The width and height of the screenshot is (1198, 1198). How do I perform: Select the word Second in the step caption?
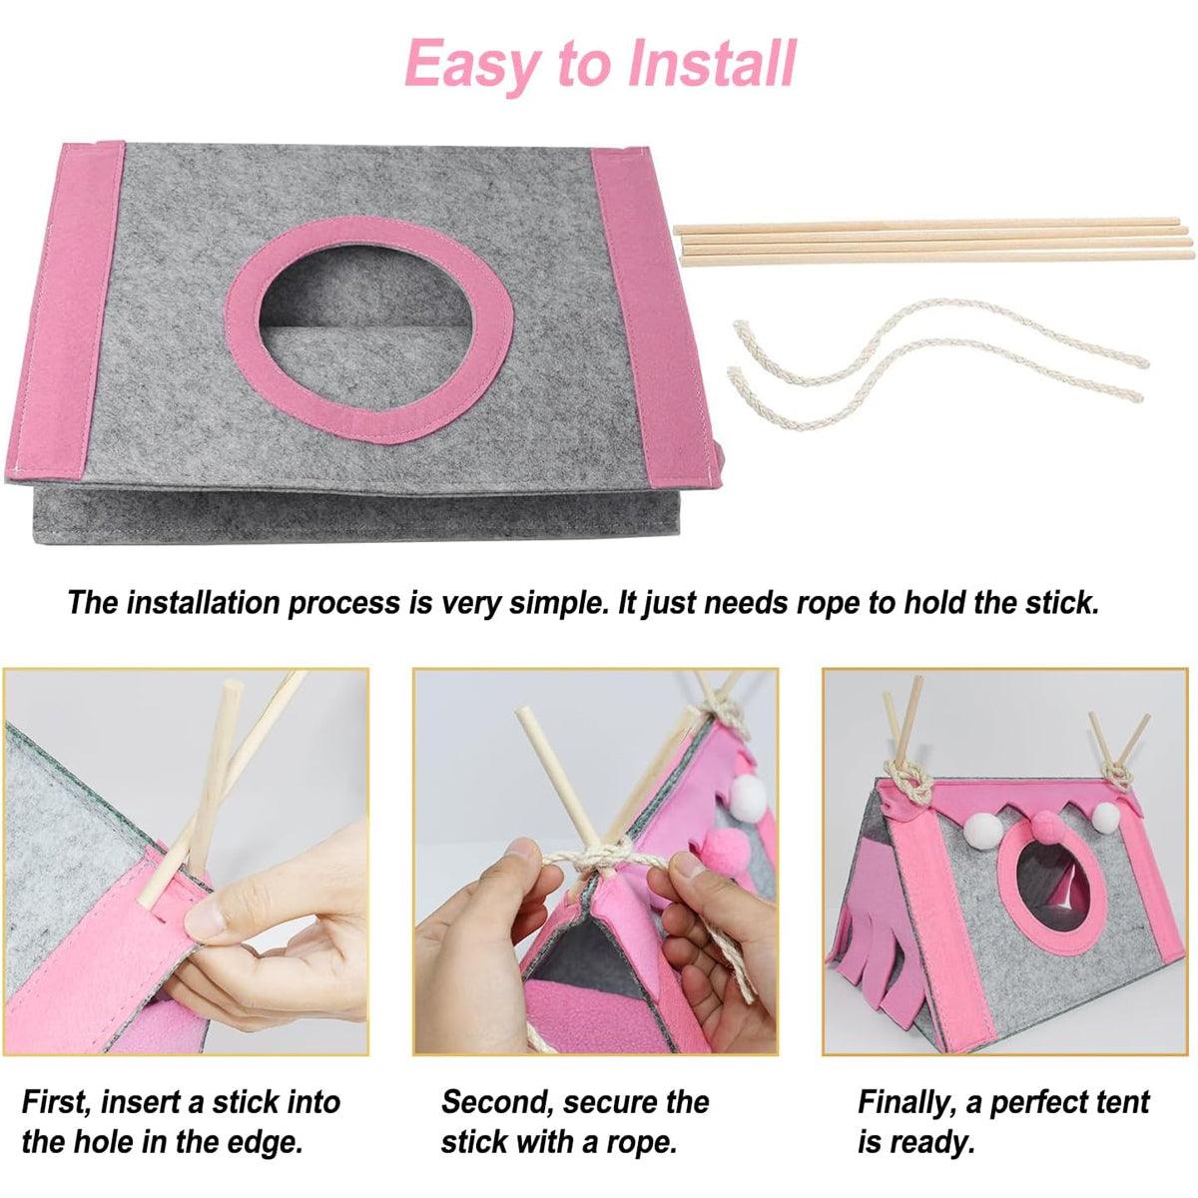pyautogui.click(x=497, y=1102)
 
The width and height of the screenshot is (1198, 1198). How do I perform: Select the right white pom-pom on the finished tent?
pyautogui.click(x=1105, y=818)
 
